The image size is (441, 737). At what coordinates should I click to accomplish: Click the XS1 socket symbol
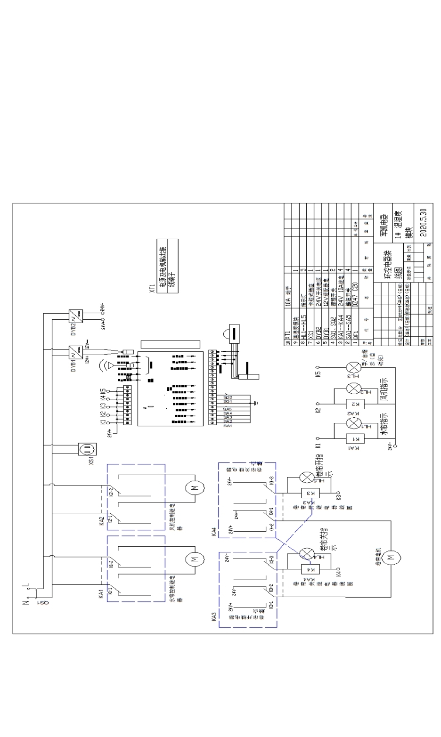[x=88, y=449]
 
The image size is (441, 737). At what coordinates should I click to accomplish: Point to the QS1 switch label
[x=41, y=602]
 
